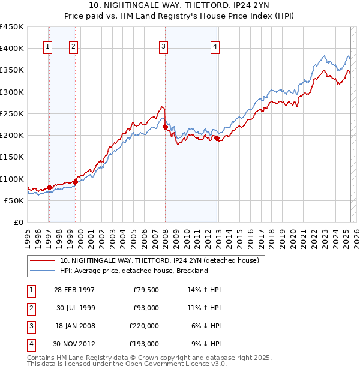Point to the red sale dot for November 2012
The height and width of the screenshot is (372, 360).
[217, 139]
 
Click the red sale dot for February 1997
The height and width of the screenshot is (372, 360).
[50, 187]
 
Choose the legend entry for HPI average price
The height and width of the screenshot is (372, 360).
[133, 271]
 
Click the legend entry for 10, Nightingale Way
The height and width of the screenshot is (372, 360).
[159, 260]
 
